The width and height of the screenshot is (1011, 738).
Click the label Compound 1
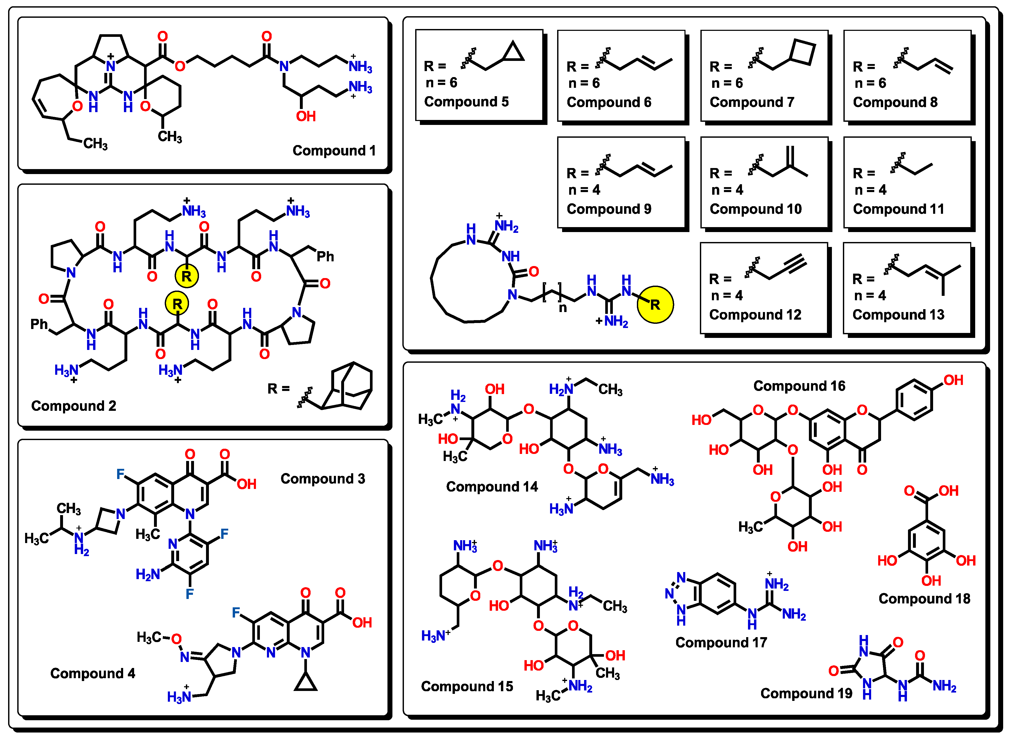(x=334, y=151)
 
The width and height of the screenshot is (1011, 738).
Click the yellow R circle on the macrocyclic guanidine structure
(x=655, y=305)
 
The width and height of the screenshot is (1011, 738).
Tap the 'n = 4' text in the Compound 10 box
(x=727, y=190)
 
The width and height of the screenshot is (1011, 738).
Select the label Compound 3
(x=322, y=479)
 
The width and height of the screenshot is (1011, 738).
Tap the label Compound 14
(x=492, y=487)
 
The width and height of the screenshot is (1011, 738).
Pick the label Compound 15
(x=467, y=686)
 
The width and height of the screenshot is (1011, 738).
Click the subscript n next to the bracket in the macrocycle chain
(x=563, y=308)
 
